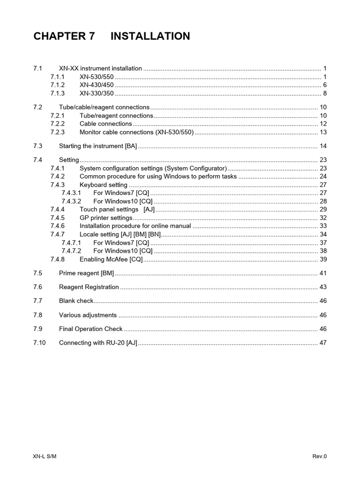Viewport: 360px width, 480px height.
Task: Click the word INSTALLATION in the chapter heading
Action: [150, 36]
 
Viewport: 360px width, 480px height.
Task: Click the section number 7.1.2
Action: [57, 85]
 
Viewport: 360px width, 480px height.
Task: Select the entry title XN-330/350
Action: [97, 93]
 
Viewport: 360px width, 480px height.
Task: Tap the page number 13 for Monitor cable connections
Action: [322, 132]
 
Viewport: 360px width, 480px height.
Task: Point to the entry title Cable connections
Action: [105, 124]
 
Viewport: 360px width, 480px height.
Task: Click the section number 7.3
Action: [38, 146]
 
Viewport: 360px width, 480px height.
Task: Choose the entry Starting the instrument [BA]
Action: [98, 146]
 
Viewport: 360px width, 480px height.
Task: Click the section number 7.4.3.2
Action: [71, 201]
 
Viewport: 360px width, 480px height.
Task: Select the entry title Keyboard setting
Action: [103, 185]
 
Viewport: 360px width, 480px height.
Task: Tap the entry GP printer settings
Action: [106, 217]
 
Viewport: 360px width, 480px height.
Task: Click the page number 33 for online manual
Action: [322, 226]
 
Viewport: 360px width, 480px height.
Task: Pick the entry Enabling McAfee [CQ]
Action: [111, 259]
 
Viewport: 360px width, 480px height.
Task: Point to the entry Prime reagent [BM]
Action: [86, 273]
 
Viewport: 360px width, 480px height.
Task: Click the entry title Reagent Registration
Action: [89, 287]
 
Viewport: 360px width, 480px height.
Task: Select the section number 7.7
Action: [38, 301]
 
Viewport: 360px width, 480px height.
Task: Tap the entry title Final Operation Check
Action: [90, 329]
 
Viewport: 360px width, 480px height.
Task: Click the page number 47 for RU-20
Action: [322, 343]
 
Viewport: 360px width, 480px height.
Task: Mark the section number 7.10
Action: [39, 343]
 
